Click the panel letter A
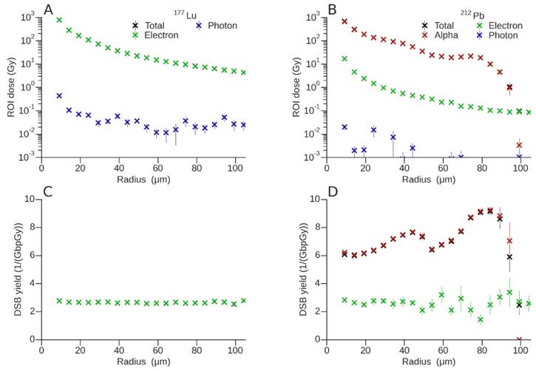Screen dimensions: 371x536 pyautogui.click(x=48, y=10)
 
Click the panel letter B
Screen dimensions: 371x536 pyautogui.click(x=333, y=10)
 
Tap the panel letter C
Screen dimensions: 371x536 pyautogui.click(x=48, y=194)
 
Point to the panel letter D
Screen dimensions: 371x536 pyautogui.click(x=333, y=194)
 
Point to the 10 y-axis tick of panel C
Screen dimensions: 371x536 pyautogui.click(x=29, y=199)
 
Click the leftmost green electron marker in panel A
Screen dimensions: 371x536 pyautogui.click(x=59, y=20)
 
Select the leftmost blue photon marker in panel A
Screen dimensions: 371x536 pyautogui.click(x=59, y=95)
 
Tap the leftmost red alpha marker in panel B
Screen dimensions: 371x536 pyautogui.click(x=345, y=21)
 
